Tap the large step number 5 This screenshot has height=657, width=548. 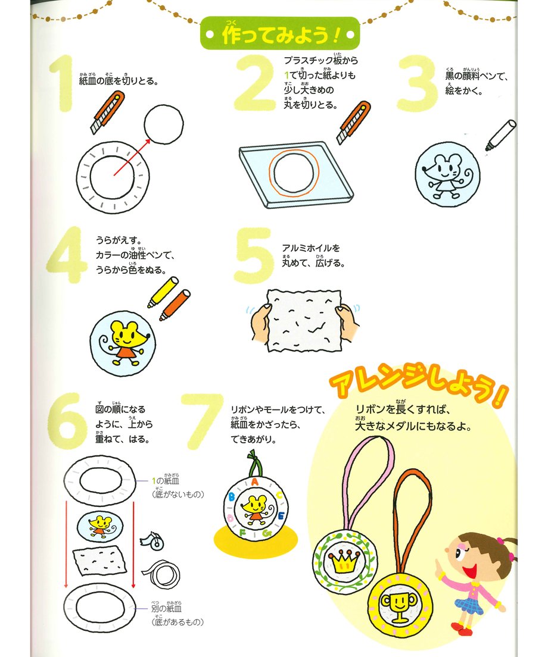point(253,255)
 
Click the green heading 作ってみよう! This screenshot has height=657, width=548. point(280,33)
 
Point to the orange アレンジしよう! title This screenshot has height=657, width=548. point(418,384)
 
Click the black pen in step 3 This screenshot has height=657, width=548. point(500,135)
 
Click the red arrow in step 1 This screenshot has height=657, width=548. point(132,157)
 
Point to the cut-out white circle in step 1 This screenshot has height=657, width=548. point(164,124)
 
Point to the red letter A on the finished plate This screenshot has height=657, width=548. point(254,482)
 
